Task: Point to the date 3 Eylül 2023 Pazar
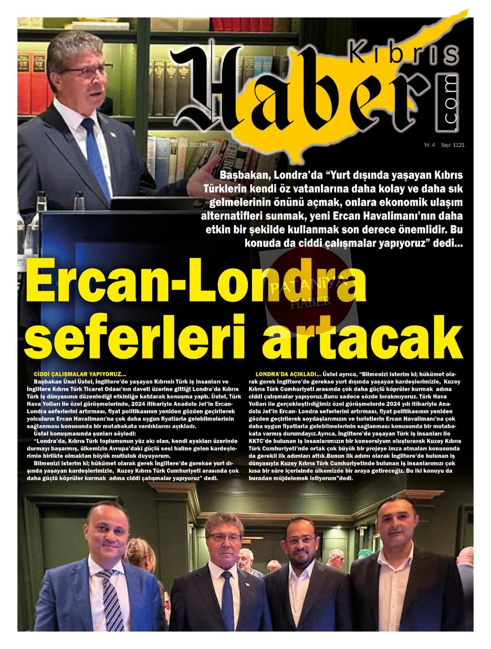194,145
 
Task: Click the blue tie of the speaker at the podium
96,153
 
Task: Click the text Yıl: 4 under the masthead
429,145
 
